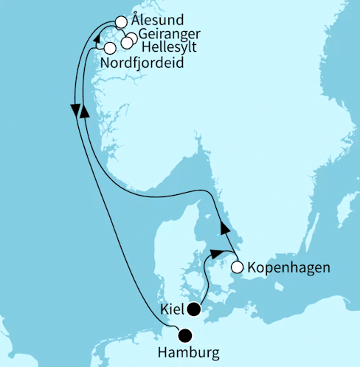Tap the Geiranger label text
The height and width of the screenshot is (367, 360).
click(169, 34)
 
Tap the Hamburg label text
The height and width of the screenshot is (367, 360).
click(189, 351)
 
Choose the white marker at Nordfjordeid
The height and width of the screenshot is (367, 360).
click(110, 48)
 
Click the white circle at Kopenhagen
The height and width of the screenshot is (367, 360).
click(238, 267)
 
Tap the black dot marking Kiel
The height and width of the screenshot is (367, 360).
click(194, 309)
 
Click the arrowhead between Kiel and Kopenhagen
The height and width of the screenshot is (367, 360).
click(214, 253)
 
